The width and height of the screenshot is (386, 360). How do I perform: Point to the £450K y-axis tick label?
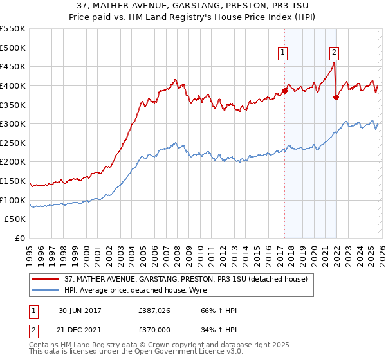pos(13,66)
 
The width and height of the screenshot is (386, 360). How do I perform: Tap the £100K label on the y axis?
pos(13,200)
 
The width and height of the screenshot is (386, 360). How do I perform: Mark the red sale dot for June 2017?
pos(284,91)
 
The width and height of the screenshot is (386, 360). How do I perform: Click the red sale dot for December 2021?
pos(336,97)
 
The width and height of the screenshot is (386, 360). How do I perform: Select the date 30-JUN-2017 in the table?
pos(78,310)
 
